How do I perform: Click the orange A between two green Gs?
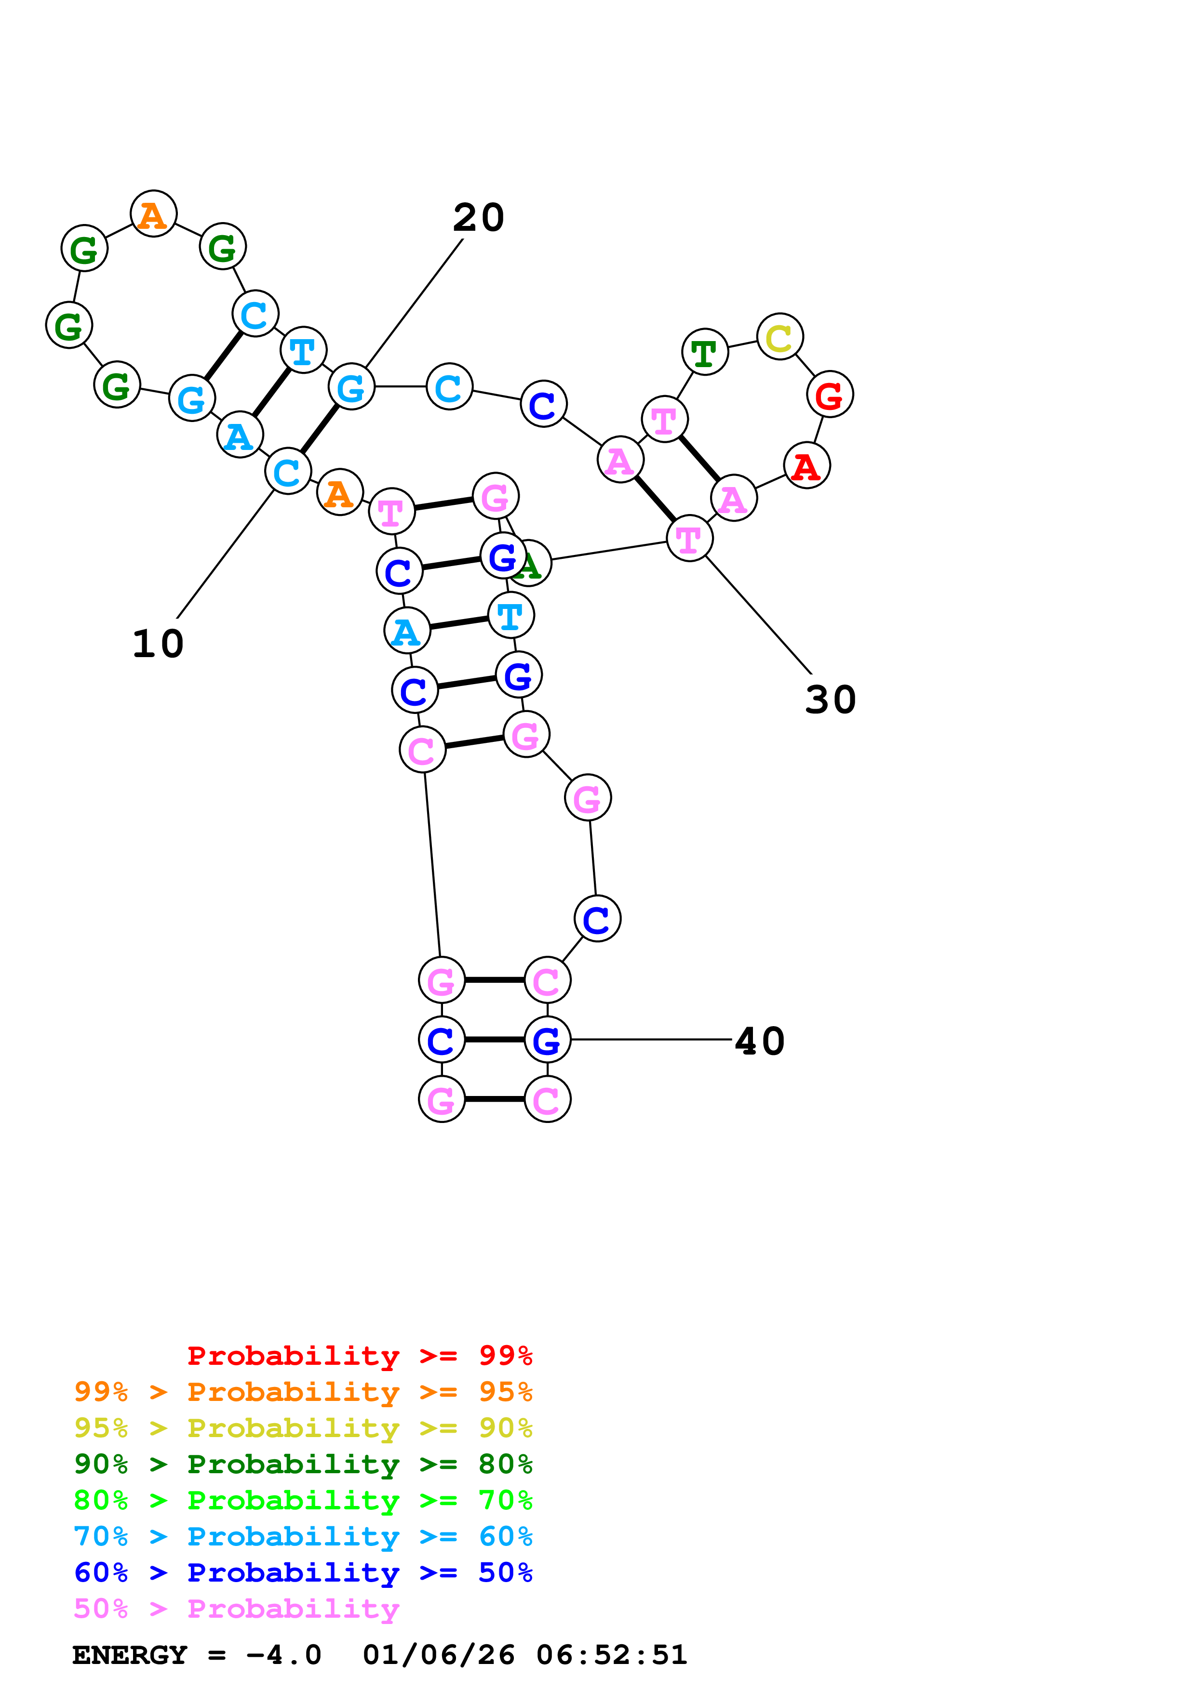pyautogui.click(x=153, y=214)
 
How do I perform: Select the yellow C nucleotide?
pyautogui.click(x=780, y=337)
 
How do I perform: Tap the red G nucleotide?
pyautogui.click(x=830, y=395)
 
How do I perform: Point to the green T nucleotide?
pyautogui.click(x=705, y=353)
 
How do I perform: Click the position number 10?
pyautogui.click(x=158, y=644)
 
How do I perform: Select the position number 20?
pyautogui.click(x=479, y=218)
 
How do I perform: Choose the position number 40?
pyautogui.click(x=760, y=1042)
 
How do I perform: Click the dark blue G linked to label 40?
pyautogui.click(x=547, y=1040)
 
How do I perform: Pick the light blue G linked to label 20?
pyautogui.click(x=351, y=387)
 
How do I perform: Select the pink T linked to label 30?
pyautogui.click(x=689, y=539)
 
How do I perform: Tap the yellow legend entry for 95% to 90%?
pyautogui.click(x=303, y=1428)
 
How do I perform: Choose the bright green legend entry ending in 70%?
pyautogui.click(x=303, y=1500)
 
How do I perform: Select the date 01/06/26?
pyautogui.click(x=438, y=1655)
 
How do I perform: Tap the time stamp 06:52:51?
pyautogui.click(x=611, y=1655)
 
